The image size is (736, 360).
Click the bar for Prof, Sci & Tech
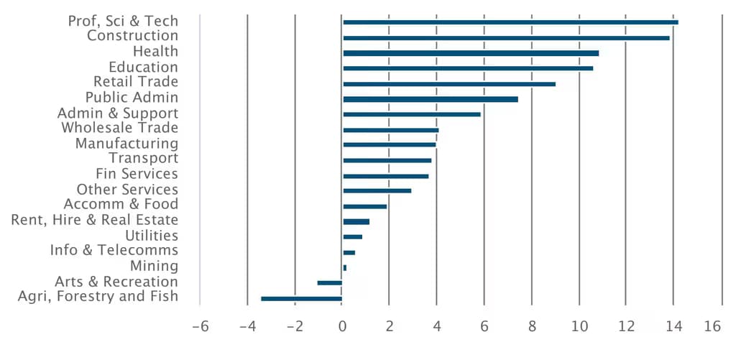point(511,22)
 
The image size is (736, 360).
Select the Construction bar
point(507,38)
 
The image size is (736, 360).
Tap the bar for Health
point(471,53)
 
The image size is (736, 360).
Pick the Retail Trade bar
point(449,84)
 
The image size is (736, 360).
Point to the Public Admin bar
point(431,99)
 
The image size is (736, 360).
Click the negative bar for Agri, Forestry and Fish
point(301,298)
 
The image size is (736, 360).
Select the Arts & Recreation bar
point(329,282)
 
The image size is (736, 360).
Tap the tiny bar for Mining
point(344,267)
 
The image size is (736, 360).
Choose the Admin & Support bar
point(412,114)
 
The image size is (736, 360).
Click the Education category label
point(143,67)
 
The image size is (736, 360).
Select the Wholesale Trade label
point(120,128)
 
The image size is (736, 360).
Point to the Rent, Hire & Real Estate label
point(94,220)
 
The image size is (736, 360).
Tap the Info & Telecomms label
point(114,250)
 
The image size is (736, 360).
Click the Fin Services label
point(137,174)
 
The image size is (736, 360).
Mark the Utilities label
point(152,235)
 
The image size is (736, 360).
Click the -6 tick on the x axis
point(201,327)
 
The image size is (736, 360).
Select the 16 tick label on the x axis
point(713,327)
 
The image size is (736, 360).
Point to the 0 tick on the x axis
point(342,327)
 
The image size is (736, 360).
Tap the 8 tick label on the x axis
point(532,327)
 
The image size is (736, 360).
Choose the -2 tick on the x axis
point(295,327)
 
